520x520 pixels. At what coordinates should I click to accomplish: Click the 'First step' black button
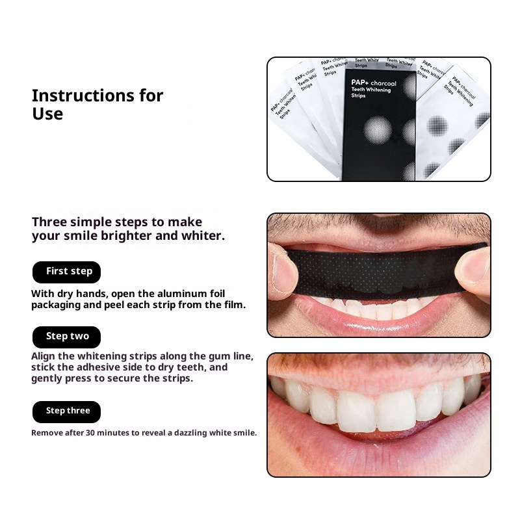click(x=67, y=272)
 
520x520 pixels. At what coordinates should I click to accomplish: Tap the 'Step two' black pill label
click(x=67, y=337)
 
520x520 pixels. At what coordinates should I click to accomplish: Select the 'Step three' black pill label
click(x=67, y=412)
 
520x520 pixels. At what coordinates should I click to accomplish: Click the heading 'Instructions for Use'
click(x=97, y=105)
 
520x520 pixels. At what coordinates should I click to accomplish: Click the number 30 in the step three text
click(x=90, y=433)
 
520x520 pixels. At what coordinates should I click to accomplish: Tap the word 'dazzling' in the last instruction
click(x=190, y=433)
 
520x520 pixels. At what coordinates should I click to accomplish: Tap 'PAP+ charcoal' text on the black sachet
click(x=374, y=83)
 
